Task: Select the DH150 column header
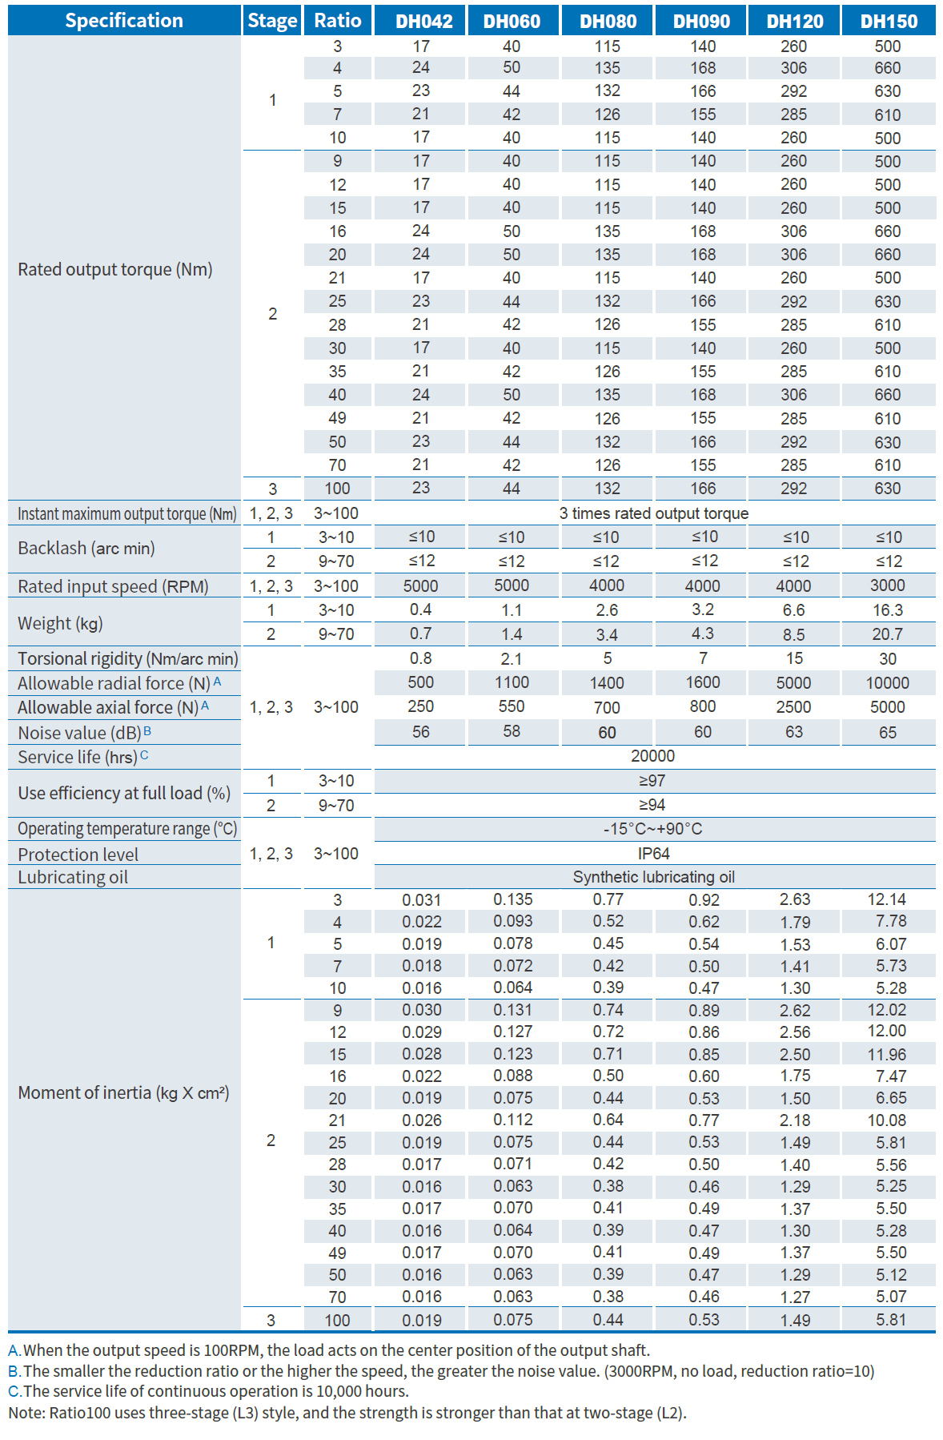(887, 21)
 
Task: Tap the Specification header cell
(124, 21)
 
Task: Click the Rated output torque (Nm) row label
(115, 269)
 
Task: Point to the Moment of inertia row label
(123, 1092)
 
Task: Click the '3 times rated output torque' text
(653, 513)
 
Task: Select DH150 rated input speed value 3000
(887, 585)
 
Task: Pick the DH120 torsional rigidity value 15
(794, 658)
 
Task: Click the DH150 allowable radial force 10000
(887, 682)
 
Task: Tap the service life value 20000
(652, 756)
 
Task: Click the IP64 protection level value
(653, 854)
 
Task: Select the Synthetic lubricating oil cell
(653, 877)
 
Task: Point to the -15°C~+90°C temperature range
(652, 829)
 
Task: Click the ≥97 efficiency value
(652, 781)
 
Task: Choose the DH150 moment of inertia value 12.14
(887, 899)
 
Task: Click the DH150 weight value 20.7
(887, 634)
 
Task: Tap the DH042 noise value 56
(420, 732)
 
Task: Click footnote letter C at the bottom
(14, 1391)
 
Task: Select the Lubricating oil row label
(73, 877)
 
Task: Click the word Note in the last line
(25, 1413)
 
